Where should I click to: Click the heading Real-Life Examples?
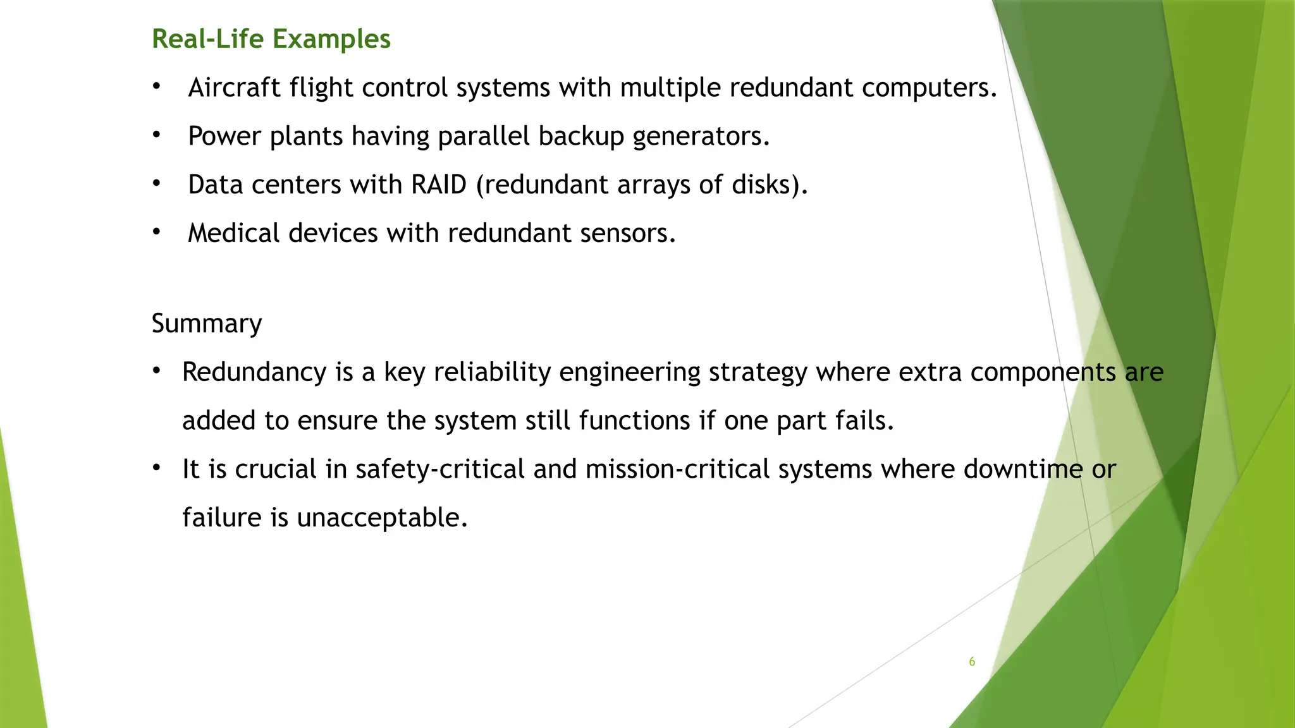271,39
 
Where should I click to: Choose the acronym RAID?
438,185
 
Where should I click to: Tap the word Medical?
234,233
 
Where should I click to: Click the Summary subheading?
207,324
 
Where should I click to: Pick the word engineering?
629,372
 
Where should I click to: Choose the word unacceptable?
381,518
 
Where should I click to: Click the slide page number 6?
972,662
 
